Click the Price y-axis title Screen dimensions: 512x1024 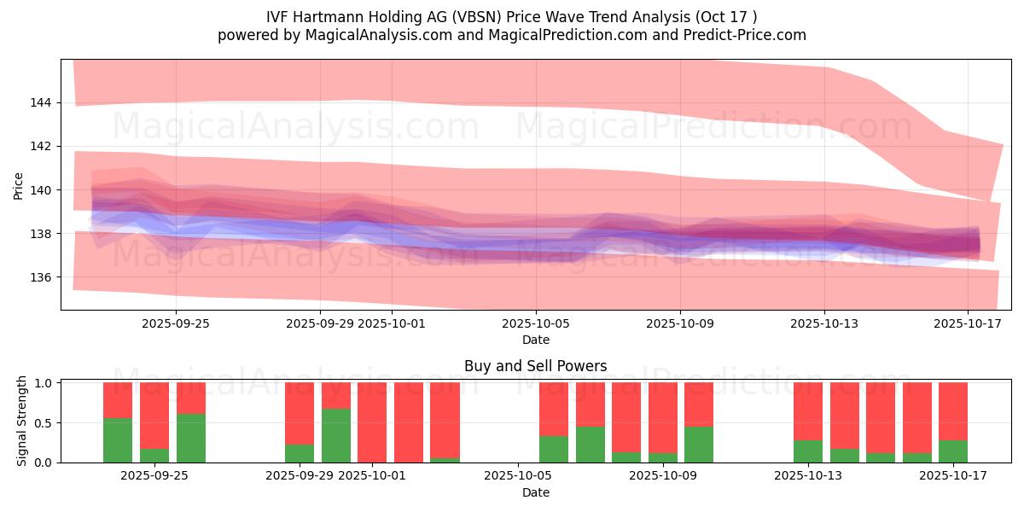pyautogui.click(x=19, y=185)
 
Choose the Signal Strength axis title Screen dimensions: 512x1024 pyautogui.click(x=22, y=421)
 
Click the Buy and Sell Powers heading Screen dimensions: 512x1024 pyautogui.click(x=535, y=366)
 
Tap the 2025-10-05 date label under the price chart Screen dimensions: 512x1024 pyautogui.click(x=535, y=324)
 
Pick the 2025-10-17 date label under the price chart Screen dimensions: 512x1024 pyautogui.click(x=968, y=324)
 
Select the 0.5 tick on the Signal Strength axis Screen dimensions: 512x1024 pyautogui.click(x=45, y=422)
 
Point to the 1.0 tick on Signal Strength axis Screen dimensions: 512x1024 pyautogui.click(x=45, y=383)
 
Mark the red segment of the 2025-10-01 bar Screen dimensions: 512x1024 pyautogui.click(x=373, y=422)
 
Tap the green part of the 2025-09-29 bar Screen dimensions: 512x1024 pyautogui.click(x=300, y=453)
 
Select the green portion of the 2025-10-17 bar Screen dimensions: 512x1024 pyautogui.click(x=953, y=451)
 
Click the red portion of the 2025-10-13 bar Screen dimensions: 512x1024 pyautogui.click(x=808, y=410)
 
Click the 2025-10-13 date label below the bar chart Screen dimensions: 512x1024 pyautogui.click(x=808, y=476)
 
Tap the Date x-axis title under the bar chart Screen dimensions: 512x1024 pyautogui.click(x=535, y=492)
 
